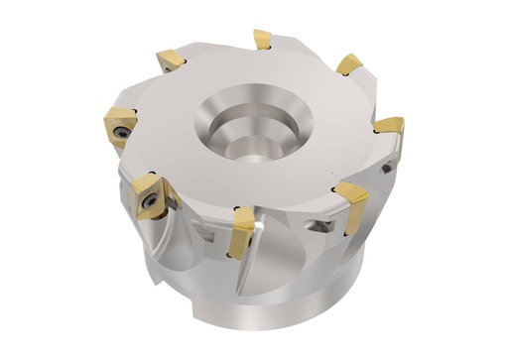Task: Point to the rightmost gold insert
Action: (x=388, y=127)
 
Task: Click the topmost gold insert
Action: (x=262, y=40)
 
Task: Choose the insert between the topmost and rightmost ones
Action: (x=349, y=64)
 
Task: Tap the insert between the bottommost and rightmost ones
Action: (x=350, y=195)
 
